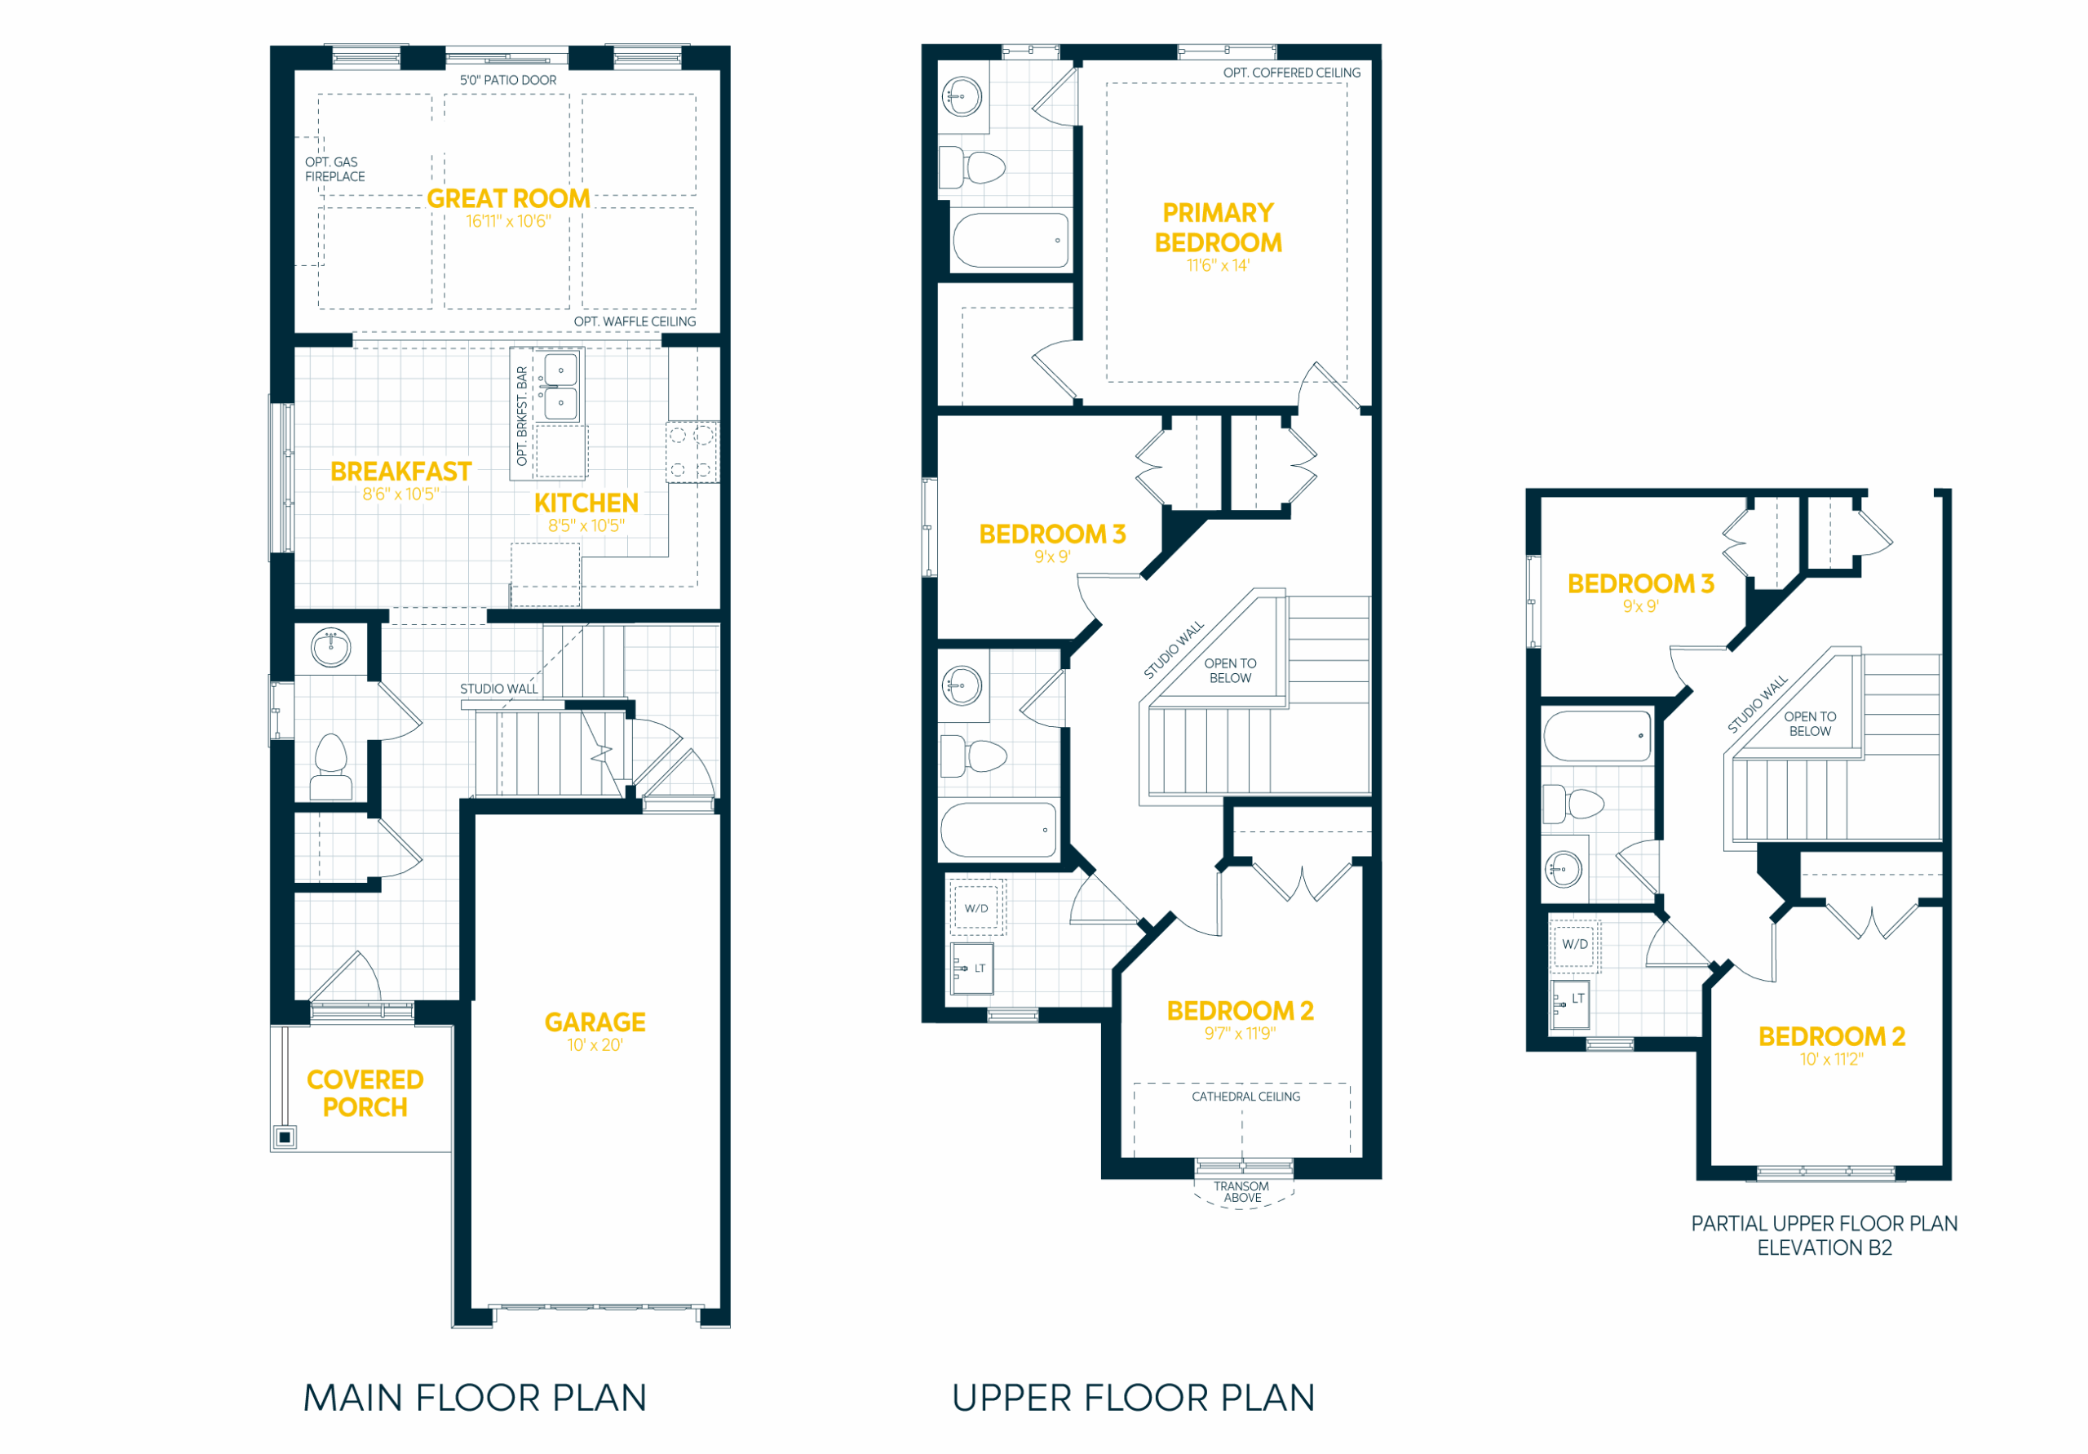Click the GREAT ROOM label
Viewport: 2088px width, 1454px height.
pos(508,198)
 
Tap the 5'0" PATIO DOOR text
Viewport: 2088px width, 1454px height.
pos(508,80)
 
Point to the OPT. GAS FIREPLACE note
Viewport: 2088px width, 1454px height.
pos(334,169)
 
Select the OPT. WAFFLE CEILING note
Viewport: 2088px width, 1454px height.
pos(635,322)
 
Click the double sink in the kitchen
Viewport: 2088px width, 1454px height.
pos(560,387)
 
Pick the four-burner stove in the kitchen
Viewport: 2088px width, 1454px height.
pos(692,452)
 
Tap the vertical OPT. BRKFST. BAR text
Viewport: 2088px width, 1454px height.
pos(522,416)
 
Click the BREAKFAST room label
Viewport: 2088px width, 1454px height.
pos(401,472)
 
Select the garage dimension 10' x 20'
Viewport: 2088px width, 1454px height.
pos(595,1045)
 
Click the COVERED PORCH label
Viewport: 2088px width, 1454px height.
pos(365,1093)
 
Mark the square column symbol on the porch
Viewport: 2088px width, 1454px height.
pos(285,1137)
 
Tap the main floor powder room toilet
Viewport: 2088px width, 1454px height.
pos(331,767)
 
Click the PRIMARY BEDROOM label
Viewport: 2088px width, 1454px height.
pos(1219,228)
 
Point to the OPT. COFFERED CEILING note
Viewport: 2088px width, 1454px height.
pos(1292,73)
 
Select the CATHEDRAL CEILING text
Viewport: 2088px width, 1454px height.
pos(1246,1097)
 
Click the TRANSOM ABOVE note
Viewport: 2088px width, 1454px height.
pos(1241,1192)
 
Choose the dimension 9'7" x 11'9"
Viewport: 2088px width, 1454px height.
pos(1241,1034)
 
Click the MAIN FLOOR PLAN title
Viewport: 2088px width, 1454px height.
pos(475,1399)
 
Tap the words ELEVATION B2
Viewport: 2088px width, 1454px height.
pos(1825,1248)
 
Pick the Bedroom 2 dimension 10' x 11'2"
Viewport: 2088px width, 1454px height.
pos(1832,1060)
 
